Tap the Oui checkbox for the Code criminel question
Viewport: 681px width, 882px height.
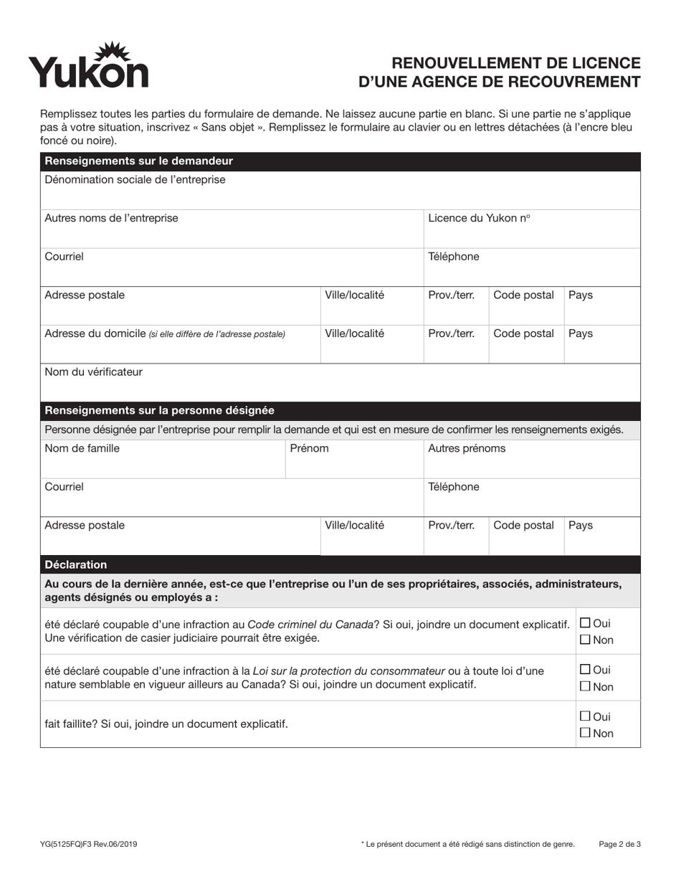pyautogui.click(x=585, y=623)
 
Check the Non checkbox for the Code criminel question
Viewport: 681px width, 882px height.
pyautogui.click(x=585, y=640)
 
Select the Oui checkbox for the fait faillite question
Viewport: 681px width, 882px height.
pyautogui.click(x=585, y=716)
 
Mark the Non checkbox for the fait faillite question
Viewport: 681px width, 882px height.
pyautogui.click(x=585, y=733)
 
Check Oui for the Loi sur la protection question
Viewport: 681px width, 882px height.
pyautogui.click(x=585, y=670)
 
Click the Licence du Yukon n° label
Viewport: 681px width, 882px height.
pyautogui.click(x=479, y=218)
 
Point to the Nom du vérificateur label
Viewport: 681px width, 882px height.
pyautogui.click(x=93, y=371)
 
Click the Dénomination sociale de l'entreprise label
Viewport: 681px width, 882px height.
pyautogui.click(x=135, y=179)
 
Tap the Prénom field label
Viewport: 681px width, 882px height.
pyautogui.click(x=309, y=448)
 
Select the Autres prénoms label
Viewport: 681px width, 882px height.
pyautogui.click(x=467, y=448)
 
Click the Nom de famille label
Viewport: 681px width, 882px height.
pyautogui.click(x=82, y=448)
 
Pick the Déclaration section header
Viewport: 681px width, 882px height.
pyautogui.click(x=76, y=564)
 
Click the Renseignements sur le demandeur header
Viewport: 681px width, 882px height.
pyautogui.click(x=138, y=161)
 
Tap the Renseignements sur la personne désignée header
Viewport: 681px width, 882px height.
pyautogui.click(x=159, y=410)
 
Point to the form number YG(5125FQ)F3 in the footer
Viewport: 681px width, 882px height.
pyautogui.click(x=89, y=844)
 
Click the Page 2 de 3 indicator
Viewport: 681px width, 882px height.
pyautogui.click(x=619, y=844)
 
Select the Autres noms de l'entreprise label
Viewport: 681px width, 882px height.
pyautogui.click(x=111, y=218)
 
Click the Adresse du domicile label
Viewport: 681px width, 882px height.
pyautogui.click(x=95, y=333)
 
